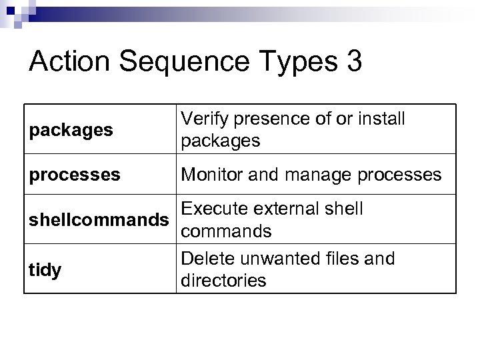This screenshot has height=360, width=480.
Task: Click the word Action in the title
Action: point(71,62)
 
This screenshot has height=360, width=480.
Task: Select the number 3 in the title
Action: point(354,62)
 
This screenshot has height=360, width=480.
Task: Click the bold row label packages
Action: point(71,131)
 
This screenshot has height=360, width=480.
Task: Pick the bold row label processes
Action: point(75,175)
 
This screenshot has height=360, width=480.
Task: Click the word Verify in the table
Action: point(205,120)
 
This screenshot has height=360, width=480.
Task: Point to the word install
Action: point(381,120)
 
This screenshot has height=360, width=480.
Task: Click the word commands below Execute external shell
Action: point(227,231)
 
